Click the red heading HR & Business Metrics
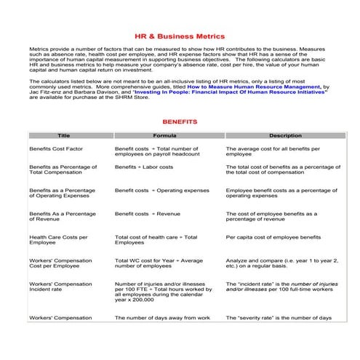pos(180,35)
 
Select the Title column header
pos(63,136)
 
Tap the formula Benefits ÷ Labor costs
pos(144,167)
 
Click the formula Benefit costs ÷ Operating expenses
pos(161,191)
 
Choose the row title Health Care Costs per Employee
pos(58,241)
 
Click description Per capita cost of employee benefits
pos(273,238)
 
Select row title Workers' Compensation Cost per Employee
pos(60,263)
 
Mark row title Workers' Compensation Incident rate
pos(60,287)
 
